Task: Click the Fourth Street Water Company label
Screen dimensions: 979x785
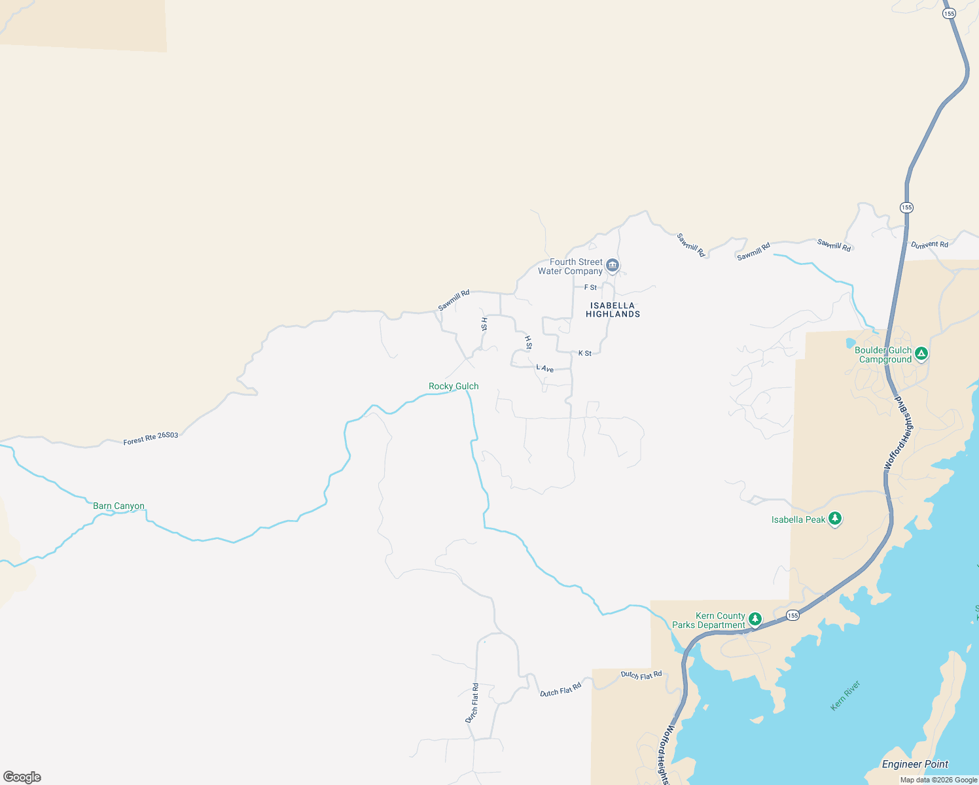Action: coord(570,267)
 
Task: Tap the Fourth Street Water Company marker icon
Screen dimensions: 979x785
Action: coord(613,265)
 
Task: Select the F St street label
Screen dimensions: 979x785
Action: coord(590,287)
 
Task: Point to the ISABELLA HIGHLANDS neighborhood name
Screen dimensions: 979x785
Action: coord(613,310)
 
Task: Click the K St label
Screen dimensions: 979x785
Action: coord(584,353)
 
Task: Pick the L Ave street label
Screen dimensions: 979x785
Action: coord(545,369)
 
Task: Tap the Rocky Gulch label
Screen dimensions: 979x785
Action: coord(454,387)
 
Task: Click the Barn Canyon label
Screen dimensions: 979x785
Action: coord(118,506)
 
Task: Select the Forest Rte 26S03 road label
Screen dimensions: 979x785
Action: coord(151,438)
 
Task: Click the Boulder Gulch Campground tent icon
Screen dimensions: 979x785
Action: coord(921,354)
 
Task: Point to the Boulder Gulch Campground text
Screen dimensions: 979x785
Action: coord(883,355)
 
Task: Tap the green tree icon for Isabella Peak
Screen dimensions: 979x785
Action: coord(834,519)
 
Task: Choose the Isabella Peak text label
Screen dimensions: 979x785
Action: coord(798,520)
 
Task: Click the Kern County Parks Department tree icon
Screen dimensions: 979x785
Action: coord(755,619)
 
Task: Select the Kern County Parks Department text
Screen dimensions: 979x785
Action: coord(709,621)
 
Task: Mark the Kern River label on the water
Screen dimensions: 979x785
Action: coord(845,696)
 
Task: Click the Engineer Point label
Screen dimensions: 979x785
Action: coord(915,764)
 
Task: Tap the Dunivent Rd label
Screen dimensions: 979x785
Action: coord(929,245)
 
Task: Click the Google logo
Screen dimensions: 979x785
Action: coord(22,777)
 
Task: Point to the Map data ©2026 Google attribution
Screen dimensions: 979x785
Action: coord(938,780)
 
